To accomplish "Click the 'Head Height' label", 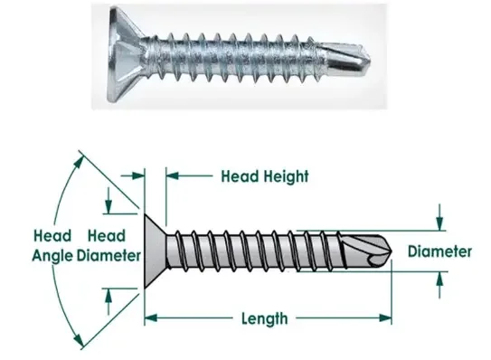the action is (265, 176).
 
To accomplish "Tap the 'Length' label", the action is (265, 318).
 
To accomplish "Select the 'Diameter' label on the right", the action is (439, 251).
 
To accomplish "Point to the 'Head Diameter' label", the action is (108, 243).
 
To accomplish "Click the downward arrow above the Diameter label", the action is (439, 220).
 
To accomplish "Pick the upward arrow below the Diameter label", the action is (439, 281).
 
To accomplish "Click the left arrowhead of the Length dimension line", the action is (150, 318).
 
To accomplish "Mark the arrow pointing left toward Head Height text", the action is (172, 176).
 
